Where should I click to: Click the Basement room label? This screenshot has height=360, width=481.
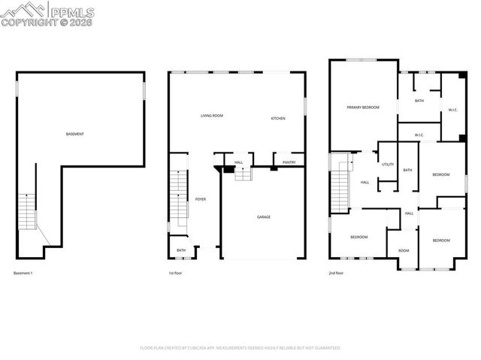pos(74,134)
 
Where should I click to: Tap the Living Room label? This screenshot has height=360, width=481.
pos(212,116)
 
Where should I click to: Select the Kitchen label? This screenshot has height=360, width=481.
pos(278,119)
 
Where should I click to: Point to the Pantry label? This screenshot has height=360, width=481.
pos(289,162)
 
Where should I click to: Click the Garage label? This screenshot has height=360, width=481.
pos(264,216)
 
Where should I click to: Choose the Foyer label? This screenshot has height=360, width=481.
pos(201,198)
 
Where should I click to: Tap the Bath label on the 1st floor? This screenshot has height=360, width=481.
pos(181,250)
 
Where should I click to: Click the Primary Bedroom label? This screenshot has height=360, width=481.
pos(363,107)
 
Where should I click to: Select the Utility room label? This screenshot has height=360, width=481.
pos(388,164)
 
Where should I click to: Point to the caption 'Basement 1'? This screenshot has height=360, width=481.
pos(23,272)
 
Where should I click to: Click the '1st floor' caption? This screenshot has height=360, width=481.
pos(176,272)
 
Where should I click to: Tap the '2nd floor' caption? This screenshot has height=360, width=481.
pos(336,272)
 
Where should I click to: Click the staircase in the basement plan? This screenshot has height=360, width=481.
pos(27,211)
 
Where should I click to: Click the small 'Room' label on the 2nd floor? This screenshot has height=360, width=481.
pos(404,250)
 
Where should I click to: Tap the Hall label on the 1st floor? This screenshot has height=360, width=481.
pos(238,162)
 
